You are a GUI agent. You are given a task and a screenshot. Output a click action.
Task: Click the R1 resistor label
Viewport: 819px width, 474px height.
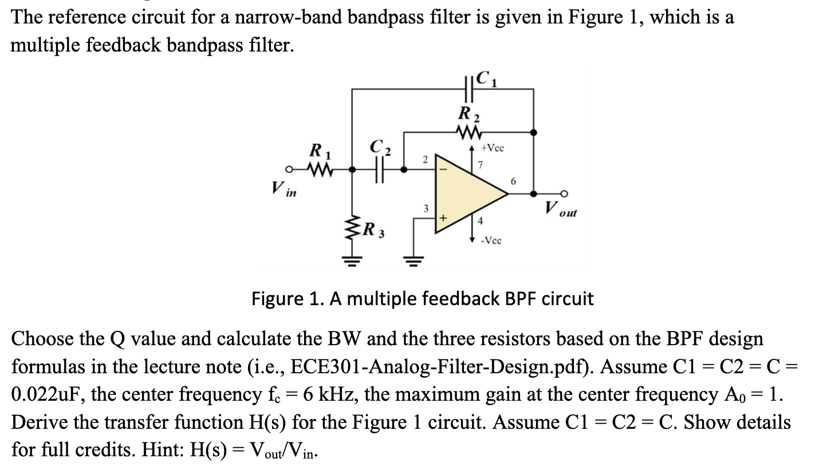point(315,153)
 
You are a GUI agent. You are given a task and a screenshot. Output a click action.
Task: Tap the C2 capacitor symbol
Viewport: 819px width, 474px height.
point(378,169)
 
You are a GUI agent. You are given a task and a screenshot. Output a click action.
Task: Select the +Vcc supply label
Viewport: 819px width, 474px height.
point(492,148)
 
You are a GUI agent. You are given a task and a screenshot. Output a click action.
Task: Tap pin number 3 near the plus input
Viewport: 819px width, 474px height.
point(425,208)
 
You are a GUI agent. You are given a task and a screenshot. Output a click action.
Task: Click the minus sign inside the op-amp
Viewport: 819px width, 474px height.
point(442,169)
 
